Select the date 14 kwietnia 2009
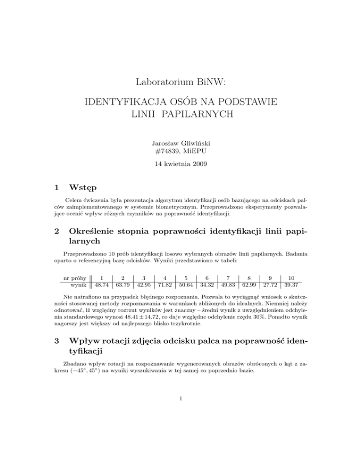click(181, 166)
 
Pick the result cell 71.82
click(166, 285)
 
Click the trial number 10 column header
click(291, 278)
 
